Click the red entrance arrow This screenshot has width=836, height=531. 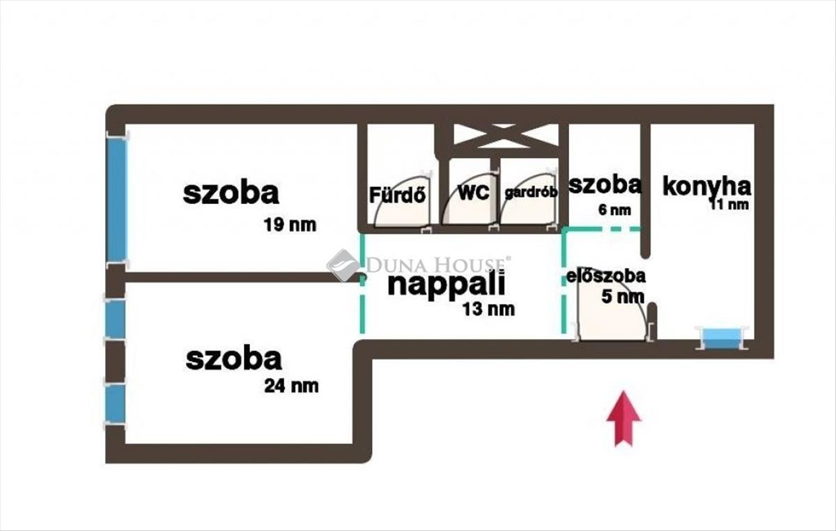(x=624, y=418)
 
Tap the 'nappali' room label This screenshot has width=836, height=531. (x=447, y=285)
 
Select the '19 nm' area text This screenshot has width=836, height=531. (x=290, y=225)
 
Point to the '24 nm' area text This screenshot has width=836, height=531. (x=291, y=386)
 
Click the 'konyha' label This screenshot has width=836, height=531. (x=706, y=187)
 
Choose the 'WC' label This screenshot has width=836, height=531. (x=474, y=193)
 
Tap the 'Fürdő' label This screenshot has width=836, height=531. (x=398, y=195)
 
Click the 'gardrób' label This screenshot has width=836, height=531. (x=531, y=192)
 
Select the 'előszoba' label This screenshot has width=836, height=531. (x=605, y=276)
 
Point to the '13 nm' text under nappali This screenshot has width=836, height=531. (x=489, y=309)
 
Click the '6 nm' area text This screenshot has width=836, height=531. (x=614, y=210)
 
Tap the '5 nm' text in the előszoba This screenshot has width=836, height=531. (x=623, y=297)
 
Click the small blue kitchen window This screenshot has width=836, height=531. (x=722, y=338)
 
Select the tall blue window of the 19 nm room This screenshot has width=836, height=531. (x=117, y=200)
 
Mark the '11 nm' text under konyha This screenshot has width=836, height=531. (x=729, y=205)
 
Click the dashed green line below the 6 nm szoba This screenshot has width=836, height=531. (x=602, y=229)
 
